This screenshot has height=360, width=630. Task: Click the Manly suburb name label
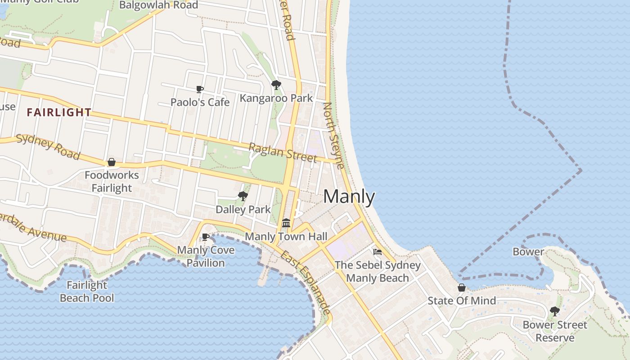349,197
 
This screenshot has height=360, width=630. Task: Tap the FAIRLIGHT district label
59,112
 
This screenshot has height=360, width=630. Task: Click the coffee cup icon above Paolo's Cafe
200,89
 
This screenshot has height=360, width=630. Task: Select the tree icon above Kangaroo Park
276,85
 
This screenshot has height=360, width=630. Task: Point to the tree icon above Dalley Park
243,196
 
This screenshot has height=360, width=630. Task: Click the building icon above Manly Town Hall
286,223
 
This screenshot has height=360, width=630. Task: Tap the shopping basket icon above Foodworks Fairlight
112,162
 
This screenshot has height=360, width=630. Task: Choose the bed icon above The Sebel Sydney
377,252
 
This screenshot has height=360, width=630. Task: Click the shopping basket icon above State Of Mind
462,287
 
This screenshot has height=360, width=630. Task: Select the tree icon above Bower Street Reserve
555,311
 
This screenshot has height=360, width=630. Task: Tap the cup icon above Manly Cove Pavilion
206,237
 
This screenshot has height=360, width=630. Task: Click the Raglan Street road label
283,152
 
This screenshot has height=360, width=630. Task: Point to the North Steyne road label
334,135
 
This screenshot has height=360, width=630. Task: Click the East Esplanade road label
306,282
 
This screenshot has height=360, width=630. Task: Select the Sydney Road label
48,147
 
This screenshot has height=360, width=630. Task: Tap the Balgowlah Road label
158,5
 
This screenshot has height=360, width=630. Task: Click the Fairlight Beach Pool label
87,291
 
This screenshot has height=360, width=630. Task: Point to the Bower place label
528,252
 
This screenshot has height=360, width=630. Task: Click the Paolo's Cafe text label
200,102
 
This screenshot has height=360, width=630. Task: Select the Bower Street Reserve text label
555,331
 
